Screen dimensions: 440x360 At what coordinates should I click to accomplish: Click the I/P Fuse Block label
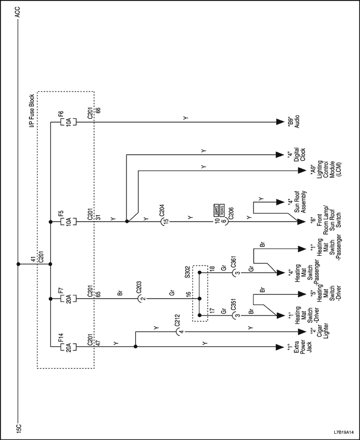[32, 110]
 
